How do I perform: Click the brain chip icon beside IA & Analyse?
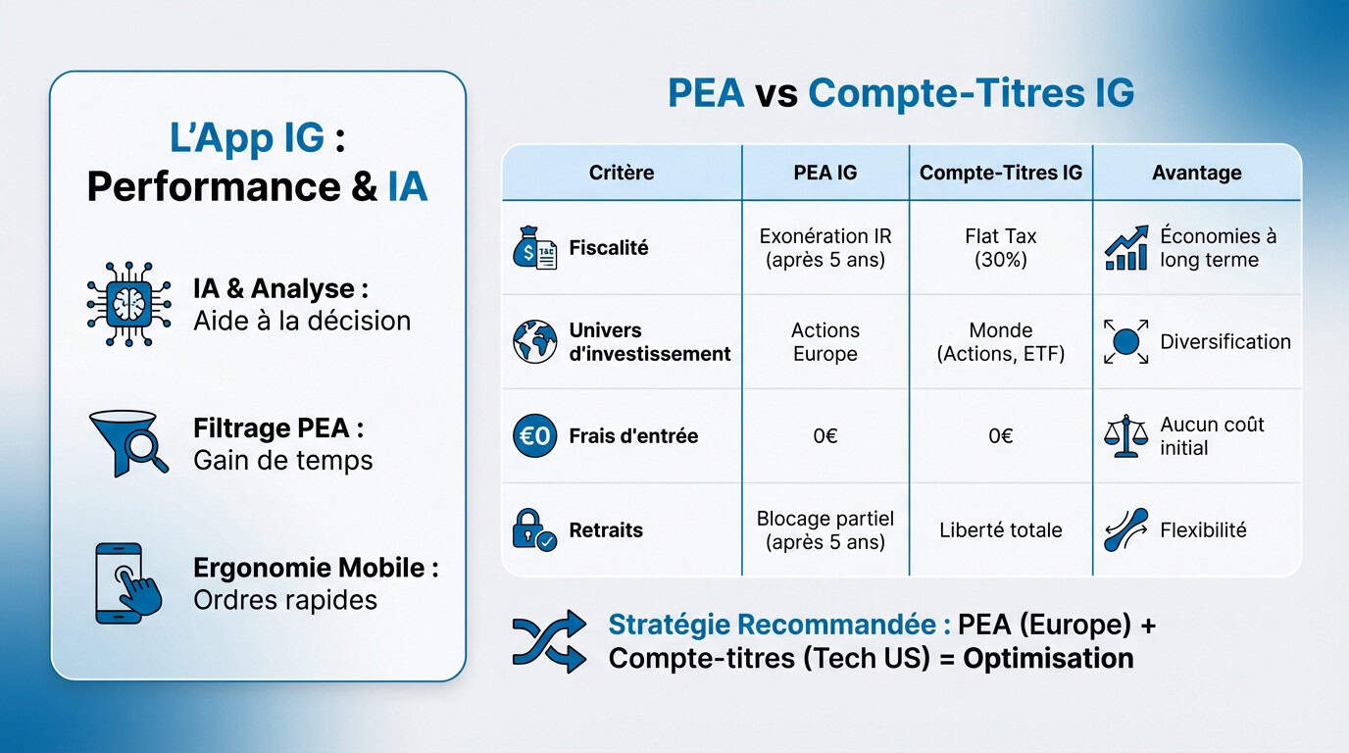point(129,304)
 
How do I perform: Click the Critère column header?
point(622,173)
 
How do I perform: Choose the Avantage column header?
point(1196,173)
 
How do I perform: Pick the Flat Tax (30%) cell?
point(1000,248)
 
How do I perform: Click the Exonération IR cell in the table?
point(824,248)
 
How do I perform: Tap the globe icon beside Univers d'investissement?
point(534,342)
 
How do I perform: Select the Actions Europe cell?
point(824,342)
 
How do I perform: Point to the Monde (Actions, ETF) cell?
point(1000,342)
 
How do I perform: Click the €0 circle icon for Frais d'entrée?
point(534,436)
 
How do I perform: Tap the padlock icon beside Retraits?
point(533,530)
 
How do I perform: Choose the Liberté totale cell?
point(1000,530)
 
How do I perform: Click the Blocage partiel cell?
point(824,529)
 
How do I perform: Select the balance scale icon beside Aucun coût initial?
point(1125,436)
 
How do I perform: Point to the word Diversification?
point(1224,342)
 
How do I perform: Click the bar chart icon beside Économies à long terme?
point(1125,248)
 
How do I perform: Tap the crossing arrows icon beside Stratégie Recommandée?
point(548,641)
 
